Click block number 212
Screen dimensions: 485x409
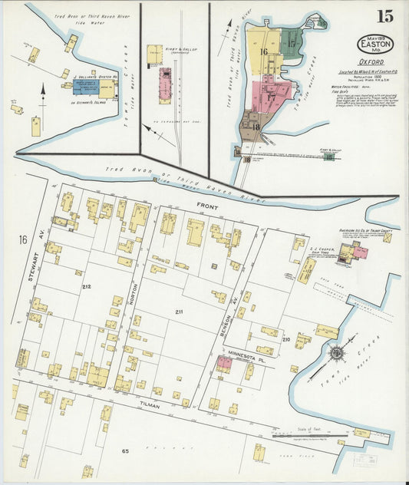click(x=87, y=286)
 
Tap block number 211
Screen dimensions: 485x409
click(x=179, y=312)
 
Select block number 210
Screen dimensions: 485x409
click(x=285, y=338)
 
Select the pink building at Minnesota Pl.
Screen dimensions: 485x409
click(x=224, y=363)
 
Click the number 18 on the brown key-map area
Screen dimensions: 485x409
click(x=255, y=127)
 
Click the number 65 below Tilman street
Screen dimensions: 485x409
click(x=124, y=451)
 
